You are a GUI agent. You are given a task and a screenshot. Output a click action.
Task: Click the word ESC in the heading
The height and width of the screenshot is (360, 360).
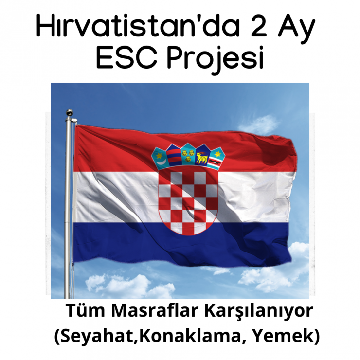pyautogui.click(x=127, y=57)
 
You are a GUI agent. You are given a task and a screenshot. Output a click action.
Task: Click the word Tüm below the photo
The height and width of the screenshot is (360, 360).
pyautogui.click(x=86, y=311)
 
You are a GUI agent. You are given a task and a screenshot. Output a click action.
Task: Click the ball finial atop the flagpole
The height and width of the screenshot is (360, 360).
pyautogui.click(x=70, y=113)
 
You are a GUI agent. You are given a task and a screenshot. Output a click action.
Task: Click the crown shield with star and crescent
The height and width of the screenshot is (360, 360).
pyautogui.click(x=159, y=158)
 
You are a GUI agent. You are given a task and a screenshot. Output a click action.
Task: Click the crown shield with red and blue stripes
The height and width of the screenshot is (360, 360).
pyautogui.click(x=173, y=155)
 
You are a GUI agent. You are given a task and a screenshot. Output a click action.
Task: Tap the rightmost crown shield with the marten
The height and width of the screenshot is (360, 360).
pyautogui.click(x=217, y=159)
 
